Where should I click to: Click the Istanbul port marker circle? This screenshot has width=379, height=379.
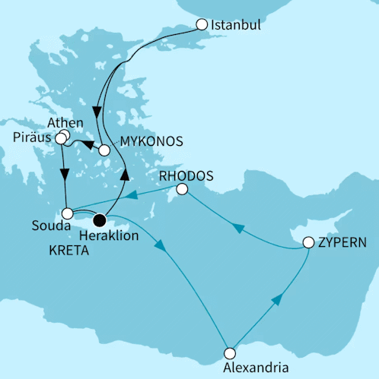point(202,24)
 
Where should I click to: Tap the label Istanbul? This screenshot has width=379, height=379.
point(236,25)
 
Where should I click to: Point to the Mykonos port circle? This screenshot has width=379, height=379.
point(104,150)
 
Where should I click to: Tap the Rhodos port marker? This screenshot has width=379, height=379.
point(182,189)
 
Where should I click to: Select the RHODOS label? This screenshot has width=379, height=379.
point(186,175)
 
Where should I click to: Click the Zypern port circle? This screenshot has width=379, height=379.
point(308,244)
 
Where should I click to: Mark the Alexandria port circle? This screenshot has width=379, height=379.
point(230,353)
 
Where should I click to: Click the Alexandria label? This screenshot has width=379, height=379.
point(254,368)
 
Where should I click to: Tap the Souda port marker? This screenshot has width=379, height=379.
point(68,213)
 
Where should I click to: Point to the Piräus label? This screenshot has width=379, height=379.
point(33,138)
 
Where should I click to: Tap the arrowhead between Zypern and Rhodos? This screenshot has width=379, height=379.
point(237,227)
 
